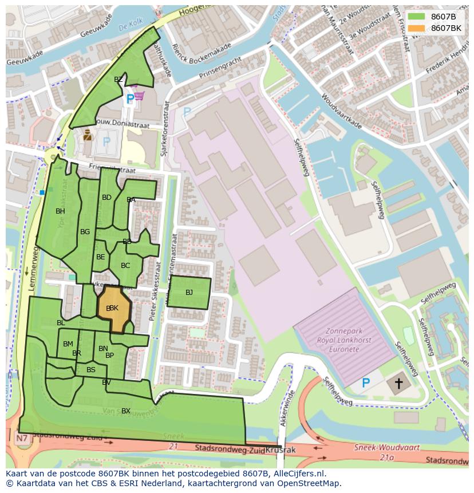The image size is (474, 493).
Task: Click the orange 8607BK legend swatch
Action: tap(417, 28)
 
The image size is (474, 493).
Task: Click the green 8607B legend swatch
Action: tap(417, 17)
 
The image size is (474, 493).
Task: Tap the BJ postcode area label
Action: tap(189, 293)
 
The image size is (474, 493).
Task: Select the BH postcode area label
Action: tap(60, 211)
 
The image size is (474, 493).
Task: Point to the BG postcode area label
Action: tap(85, 232)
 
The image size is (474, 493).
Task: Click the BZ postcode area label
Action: tap(118, 80)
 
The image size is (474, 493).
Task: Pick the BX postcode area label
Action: tap(126, 411)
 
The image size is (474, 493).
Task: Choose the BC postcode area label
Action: tap(125, 265)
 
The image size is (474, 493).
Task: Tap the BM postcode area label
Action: tap(68, 344)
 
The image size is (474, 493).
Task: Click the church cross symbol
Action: tap(398, 383)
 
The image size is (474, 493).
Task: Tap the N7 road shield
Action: tap(22, 439)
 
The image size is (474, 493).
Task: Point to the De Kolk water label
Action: tap(131, 26)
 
